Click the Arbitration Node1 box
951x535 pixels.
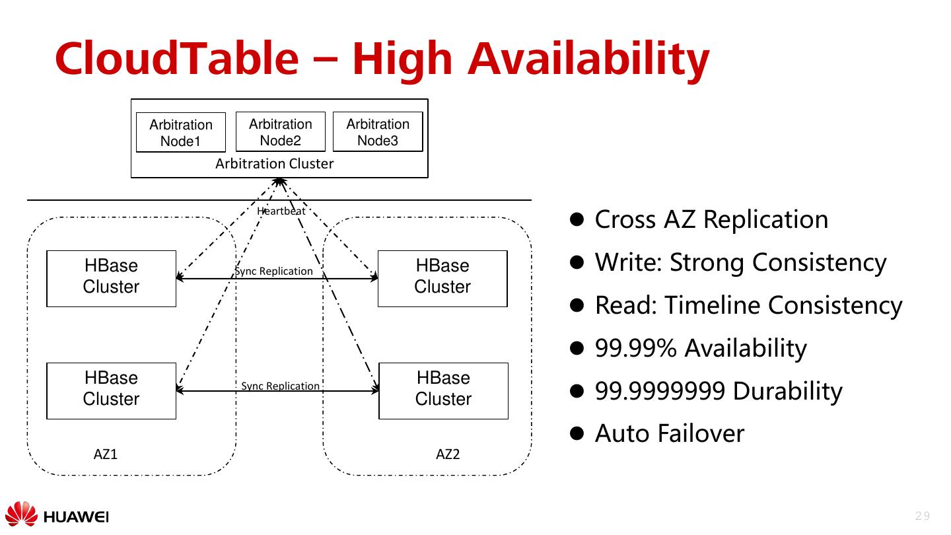181,132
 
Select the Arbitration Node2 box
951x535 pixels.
281,131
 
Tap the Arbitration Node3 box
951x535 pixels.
378,131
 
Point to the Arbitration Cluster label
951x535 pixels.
274,164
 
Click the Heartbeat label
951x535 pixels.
281,211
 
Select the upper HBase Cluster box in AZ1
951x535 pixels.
111,279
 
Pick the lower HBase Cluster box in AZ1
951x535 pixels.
111,391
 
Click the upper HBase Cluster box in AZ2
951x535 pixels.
442,279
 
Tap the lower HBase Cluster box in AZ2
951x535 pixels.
444,391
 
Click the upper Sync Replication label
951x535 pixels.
274,271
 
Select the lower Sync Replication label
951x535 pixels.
280,386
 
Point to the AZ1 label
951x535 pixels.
105,454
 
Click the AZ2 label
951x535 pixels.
448,454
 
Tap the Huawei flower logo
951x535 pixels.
21,514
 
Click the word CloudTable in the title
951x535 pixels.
177,58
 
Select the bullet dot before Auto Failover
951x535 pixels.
577,433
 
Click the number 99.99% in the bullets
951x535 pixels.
635,348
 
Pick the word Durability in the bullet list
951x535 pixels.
787,391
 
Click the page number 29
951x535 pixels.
923,516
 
